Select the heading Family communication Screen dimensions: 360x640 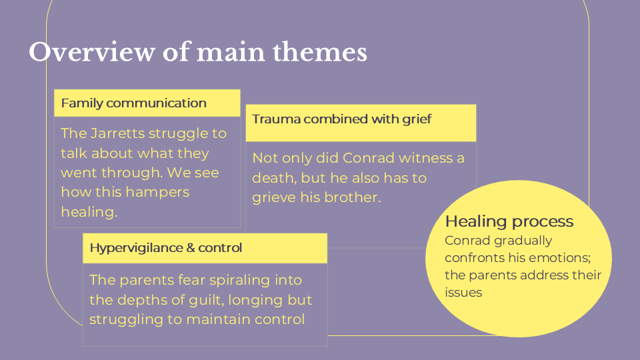[x=133, y=103]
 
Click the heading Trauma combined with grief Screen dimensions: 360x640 [x=341, y=119]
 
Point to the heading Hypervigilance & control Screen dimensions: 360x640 [x=165, y=248]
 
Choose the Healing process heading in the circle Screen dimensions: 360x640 [x=509, y=221]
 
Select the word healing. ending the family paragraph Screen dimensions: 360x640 [x=89, y=212]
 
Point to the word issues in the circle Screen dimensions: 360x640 [x=463, y=293]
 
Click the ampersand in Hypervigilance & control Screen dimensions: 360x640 [x=191, y=248]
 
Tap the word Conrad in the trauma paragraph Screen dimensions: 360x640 [x=368, y=159]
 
